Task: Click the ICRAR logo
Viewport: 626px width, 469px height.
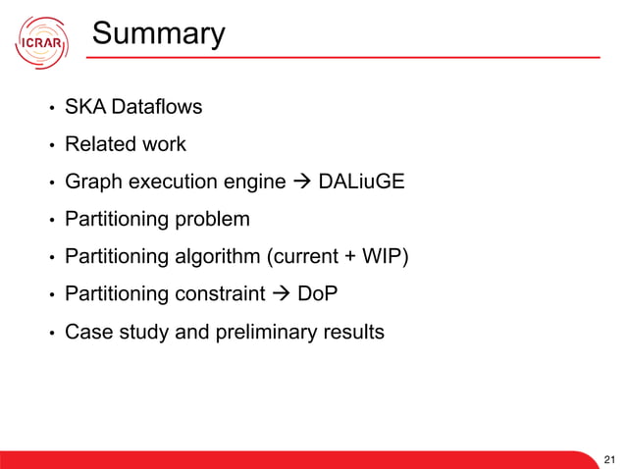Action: pos(41,42)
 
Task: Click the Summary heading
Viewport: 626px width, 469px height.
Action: pos(158,35)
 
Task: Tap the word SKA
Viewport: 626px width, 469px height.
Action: pos(83,107)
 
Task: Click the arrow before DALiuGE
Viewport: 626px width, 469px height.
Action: pos(297,182)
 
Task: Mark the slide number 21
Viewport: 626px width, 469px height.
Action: pos(610,458)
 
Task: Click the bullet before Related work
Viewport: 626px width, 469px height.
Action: pos(49,145)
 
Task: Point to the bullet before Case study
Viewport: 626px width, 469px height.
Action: pos(49,333)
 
